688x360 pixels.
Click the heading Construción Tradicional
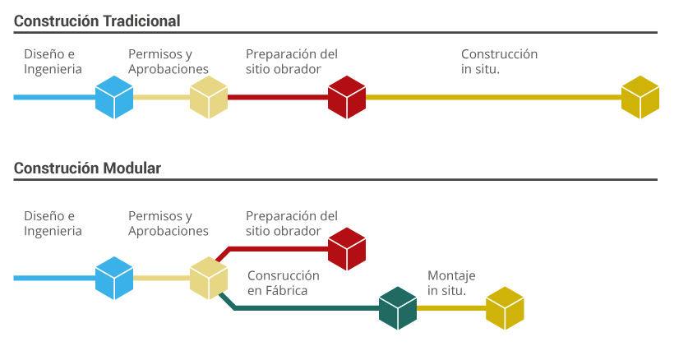click(x=97, y=21)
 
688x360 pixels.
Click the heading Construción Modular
click(x=87, y=168)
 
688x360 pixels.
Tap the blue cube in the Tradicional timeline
click(x=114, y=97)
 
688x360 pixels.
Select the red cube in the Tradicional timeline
click(x=347, y=97)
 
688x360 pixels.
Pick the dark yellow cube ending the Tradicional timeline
click(x=640, y=97)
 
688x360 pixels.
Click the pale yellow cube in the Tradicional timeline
click(x=209, y=97)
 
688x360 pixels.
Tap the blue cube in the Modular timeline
click(x=114, y=278)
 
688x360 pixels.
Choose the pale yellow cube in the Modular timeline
click(x=209, y=278)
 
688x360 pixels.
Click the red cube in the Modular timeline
click(x=347, y=248)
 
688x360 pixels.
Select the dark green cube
click(x=398, y=308)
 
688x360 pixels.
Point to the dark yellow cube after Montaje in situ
click(x=505, y=308)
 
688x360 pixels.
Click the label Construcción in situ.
click(x=499, y=62)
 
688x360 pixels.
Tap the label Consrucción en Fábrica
click(x=284, y=283)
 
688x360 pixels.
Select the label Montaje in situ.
click(x=451, y=283)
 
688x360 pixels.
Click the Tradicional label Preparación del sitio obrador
click(x=292, y=62)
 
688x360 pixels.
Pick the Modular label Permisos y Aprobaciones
click(x=169, y=224)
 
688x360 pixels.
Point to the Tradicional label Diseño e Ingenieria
click(x=53, y=62)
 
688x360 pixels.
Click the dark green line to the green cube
click(x=302, y=308)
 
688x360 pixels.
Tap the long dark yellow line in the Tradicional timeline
click(x=494, y=97)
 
